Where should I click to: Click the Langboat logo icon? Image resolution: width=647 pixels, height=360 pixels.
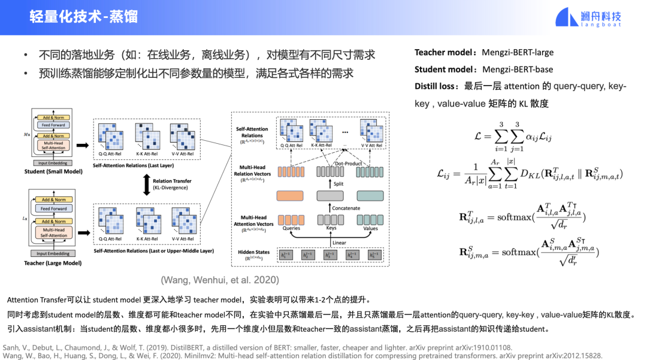[566, 16]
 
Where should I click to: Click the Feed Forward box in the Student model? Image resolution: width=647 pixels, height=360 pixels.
[53, 126]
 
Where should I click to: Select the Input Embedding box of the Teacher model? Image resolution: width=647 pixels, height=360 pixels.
[53, 253]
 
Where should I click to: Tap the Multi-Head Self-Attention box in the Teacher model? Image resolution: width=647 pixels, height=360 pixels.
[53, 232]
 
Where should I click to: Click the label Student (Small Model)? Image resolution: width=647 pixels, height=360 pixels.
[54, 171]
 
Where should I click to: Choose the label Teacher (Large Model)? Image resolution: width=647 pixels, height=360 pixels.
[53, 263]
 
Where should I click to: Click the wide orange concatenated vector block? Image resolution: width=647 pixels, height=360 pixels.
[291, 196]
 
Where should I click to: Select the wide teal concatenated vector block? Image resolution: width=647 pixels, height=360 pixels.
[370, 196]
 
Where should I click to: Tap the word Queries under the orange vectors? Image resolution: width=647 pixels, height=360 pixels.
[291, 228]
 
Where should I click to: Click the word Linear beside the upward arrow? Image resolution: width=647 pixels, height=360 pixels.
[340, 243]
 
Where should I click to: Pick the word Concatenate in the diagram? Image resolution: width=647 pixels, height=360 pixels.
[347, 208]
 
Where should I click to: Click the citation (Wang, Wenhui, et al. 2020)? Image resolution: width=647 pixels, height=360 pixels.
[219, 280]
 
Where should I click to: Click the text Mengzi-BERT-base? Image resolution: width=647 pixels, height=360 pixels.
[517, 69]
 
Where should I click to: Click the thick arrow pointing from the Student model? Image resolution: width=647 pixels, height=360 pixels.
[83, 145]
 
